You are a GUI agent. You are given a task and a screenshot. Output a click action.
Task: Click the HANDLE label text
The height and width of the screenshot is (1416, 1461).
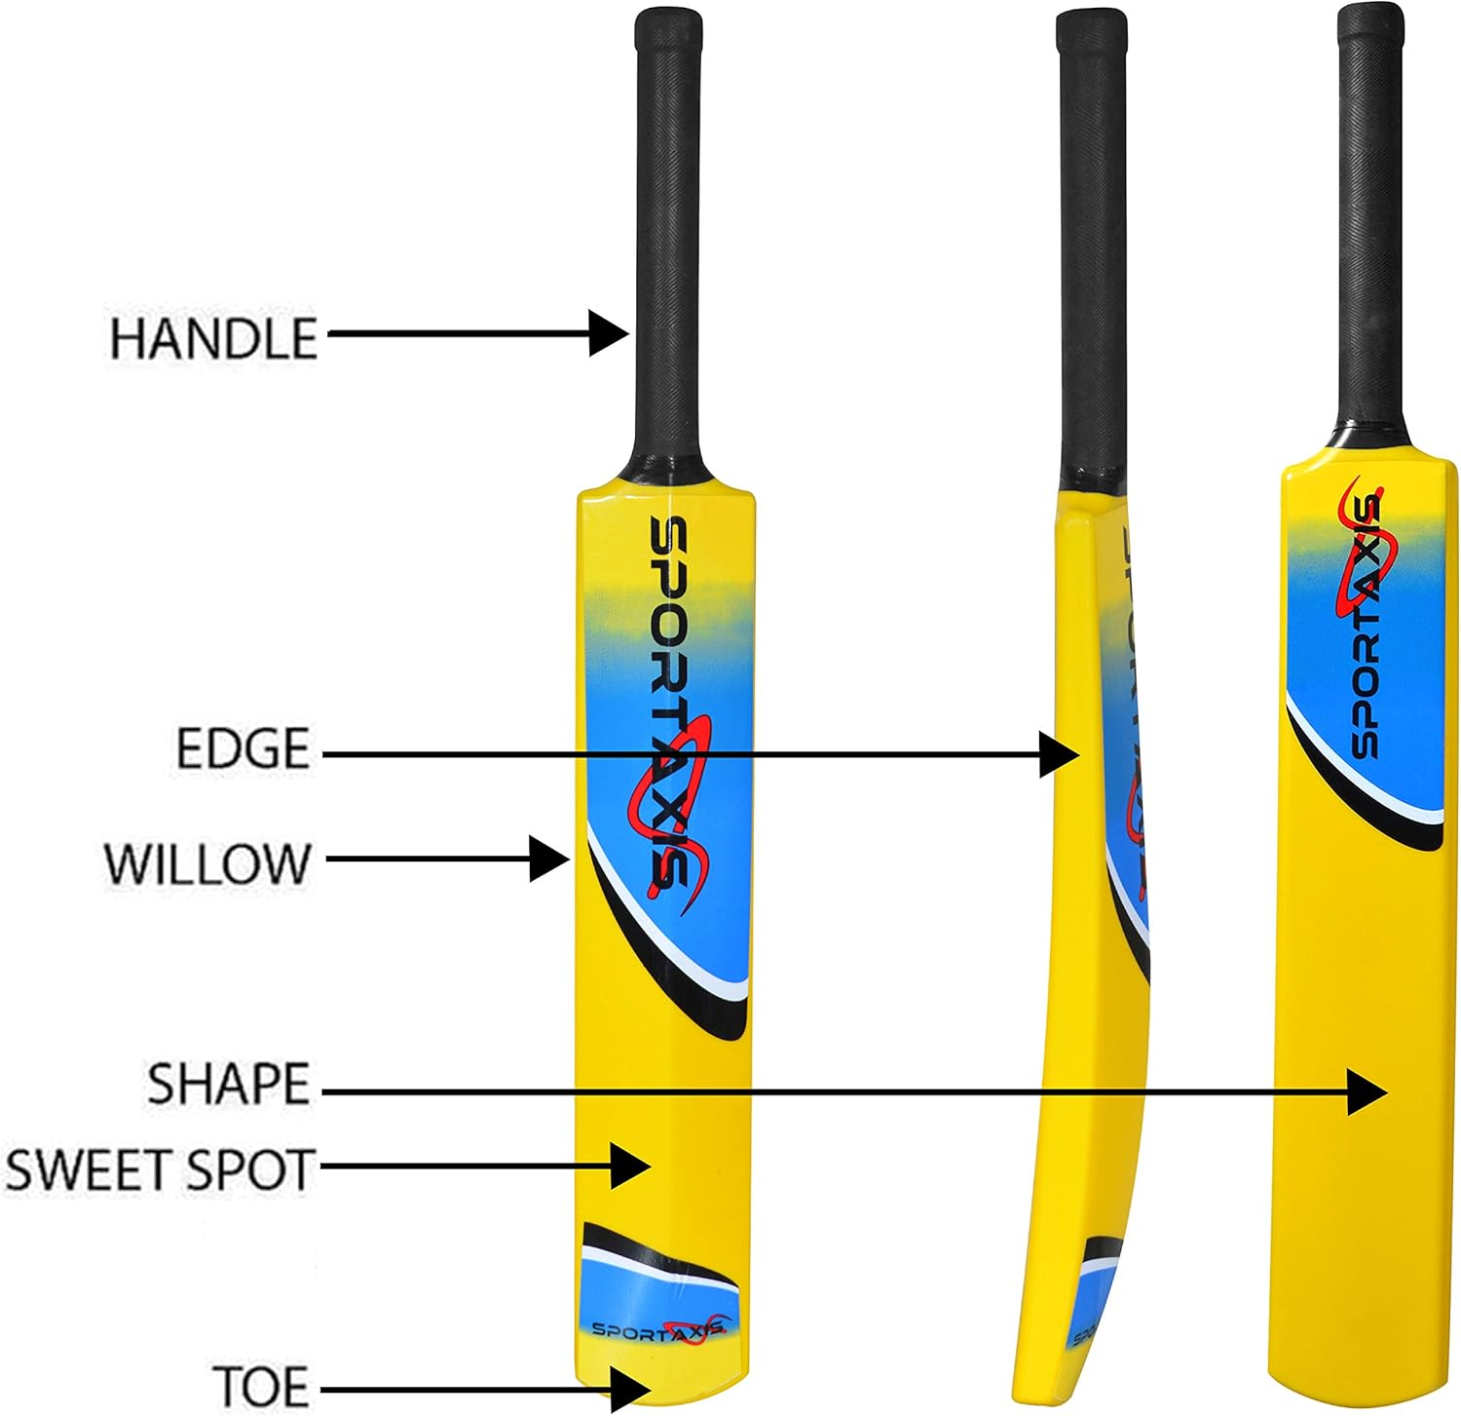[x=213, y=338]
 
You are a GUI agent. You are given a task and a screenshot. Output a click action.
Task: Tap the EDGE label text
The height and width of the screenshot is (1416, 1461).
[x=243, y=748]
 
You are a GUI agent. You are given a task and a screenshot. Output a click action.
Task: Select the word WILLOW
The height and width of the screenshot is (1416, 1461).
[x=206, y=863]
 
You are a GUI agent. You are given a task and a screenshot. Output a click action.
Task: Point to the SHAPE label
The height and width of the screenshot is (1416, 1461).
[x=228, y=1084]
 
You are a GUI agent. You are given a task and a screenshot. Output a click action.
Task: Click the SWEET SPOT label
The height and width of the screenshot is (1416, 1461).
[x=160, y=1169]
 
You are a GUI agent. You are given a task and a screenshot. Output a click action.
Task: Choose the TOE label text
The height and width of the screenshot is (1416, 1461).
[x=260, y=1386]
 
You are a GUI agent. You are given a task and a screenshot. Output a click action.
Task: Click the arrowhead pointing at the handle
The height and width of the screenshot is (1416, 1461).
[x=611, y=333]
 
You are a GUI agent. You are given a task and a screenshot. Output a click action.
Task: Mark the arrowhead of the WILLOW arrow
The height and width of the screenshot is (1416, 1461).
[x=550, y=859]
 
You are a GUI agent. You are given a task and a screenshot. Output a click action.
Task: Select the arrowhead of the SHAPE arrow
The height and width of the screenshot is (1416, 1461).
[x=1368, y=1091]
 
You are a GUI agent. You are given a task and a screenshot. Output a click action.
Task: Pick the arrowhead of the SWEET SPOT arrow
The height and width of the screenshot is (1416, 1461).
[x=631, y=1164]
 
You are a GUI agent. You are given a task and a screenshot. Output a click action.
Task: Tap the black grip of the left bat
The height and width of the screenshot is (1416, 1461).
[x=668, y=244]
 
